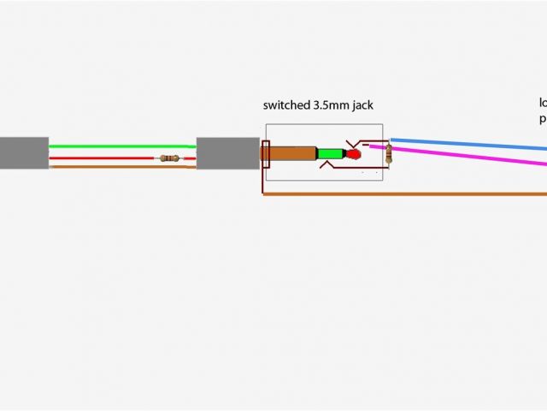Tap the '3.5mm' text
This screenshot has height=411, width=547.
click(x=333, y=106)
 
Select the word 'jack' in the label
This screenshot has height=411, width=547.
click(x=362, y=106)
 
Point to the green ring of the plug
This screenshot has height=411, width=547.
click(x=329, y=155)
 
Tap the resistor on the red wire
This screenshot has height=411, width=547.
click(x=169, y=158)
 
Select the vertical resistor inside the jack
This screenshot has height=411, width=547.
click(x=389, y=154)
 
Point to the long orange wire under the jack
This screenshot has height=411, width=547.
click(x=402, y=194)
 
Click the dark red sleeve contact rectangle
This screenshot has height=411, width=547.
click(x=265, y=155)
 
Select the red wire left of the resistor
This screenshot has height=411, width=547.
click(x=103, y=158)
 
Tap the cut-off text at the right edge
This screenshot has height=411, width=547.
click(x=543, y=111)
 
